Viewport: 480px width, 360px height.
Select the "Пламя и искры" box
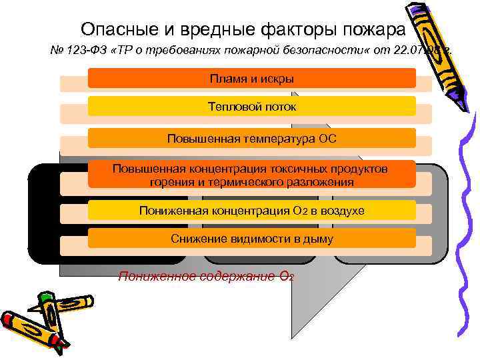click(252, 79)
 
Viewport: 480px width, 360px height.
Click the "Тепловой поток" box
click(252, 107)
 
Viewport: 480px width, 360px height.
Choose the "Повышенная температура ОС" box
click(252, 139)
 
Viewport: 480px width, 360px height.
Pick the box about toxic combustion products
click(252, 175)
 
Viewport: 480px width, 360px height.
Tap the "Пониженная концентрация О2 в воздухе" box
click(252, 211)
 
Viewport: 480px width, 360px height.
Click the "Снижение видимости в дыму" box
click(252, 239)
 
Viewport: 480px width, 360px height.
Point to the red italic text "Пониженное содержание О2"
click(206, 277)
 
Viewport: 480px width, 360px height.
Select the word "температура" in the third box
click(273, 139)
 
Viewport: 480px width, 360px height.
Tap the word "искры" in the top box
click(277, 79)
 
